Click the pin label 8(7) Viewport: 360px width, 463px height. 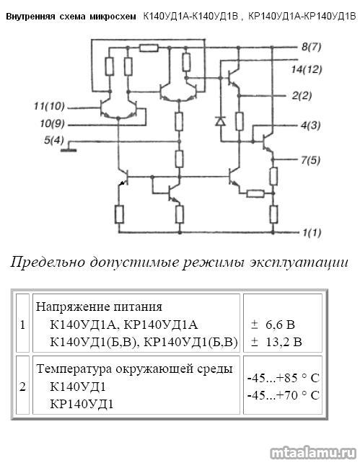point(311,47)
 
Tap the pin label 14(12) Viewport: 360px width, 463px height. point(306,70)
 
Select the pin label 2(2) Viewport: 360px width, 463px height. point(302,96)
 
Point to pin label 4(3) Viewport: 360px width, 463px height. point(310,125)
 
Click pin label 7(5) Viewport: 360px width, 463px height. point(310,160)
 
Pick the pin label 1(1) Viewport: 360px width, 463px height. point(312,233)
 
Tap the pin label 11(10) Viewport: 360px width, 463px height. point(49,106)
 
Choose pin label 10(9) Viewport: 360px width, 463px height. point(52,123)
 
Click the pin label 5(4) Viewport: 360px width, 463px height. point(54,140)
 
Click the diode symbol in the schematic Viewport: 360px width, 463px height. point(221,120)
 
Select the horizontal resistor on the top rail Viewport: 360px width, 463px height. point(149,48)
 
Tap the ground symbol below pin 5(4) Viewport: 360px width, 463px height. point(69,150)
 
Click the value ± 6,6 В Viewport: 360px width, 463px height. point(273,325)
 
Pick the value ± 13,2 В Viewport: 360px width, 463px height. point(276,343)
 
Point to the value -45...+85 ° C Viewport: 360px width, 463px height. point(284,378)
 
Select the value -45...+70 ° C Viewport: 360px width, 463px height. point(284,395)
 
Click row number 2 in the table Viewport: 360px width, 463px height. point(23,387)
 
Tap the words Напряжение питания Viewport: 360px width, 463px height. point(99,307)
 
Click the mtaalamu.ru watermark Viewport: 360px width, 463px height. point(313,453)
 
